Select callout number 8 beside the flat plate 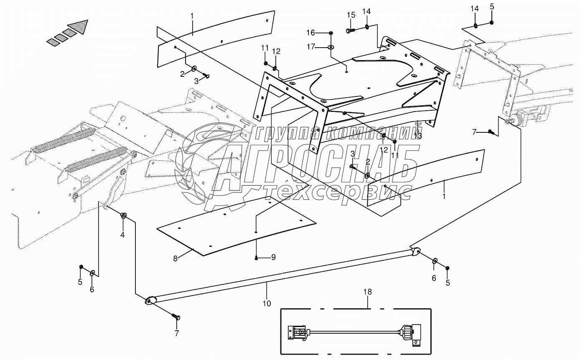pyautogui.click(x=176, y=259)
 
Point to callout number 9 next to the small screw pyautogui.click(x=273, y=257)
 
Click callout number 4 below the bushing pyautogui.click(x=122, y=235)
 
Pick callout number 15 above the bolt pyautogui.click(x=351, y=15)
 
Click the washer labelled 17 pyautogui.click(x=331, y=47)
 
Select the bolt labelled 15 pyautogui.click(x=350, y=30)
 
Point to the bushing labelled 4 pyautogui.click(x=124, y=215)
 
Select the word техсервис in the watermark pyautogui.click(x=338, y=192)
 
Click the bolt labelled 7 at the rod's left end pyautogui.click(x=177, y=317)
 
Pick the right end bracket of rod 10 pyautogui.click(x=415, y=252)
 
